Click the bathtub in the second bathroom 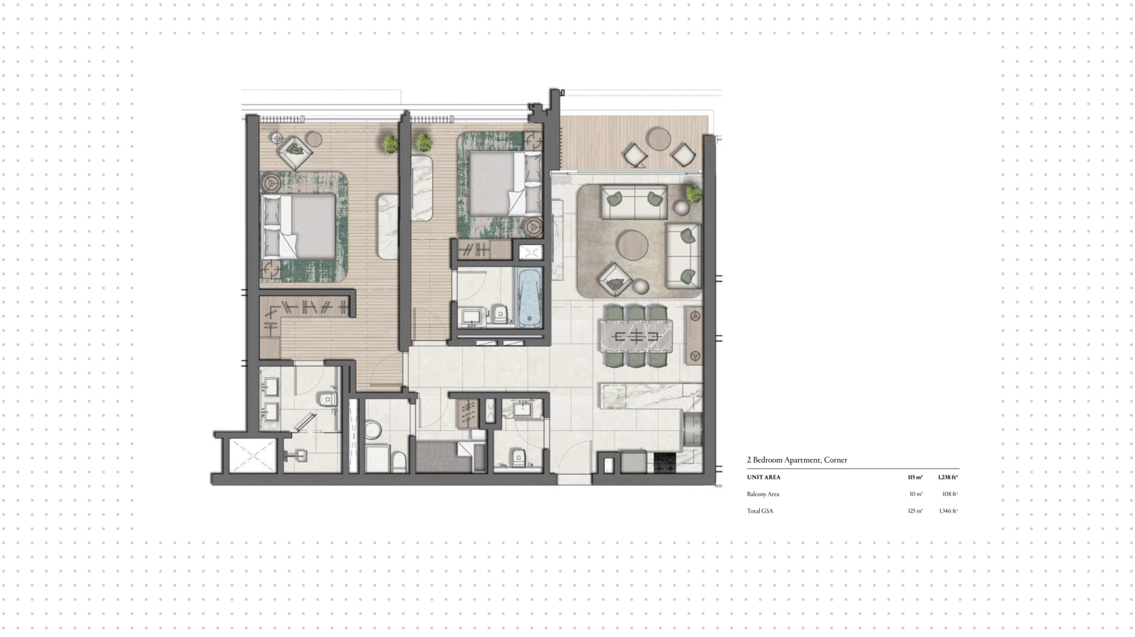click(530, 298)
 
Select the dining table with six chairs click(636, 337)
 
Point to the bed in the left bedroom click(299, 227)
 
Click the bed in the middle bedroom click(505, 183)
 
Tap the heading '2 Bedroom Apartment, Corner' click(797, 460)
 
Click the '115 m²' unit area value click(915, 477)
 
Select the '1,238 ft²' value click(948, 477)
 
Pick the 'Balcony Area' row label click(763, 494)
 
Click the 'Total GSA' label click(760, 511)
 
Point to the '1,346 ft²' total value click(948, 511)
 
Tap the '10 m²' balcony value click(916, 494)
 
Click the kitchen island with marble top click(651, 395)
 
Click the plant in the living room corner click(693, 193)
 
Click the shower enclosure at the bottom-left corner click(252, 456)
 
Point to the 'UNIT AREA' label click(764, 477)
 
